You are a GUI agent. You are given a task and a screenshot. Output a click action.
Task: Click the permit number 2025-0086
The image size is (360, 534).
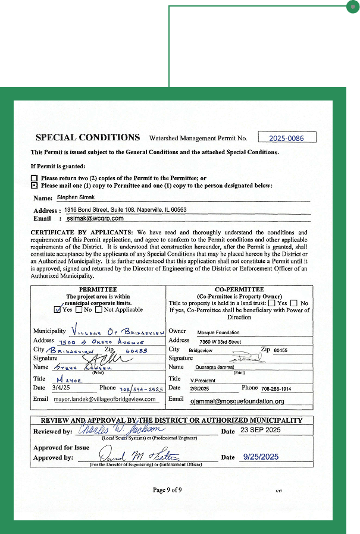pos(286,138)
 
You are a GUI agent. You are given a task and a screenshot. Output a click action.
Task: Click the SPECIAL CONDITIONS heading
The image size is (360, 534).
pos(88,137)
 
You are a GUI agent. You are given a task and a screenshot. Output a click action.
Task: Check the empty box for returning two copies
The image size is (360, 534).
pos(34,178)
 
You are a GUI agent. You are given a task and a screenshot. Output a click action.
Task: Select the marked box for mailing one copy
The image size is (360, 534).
pos(34,186)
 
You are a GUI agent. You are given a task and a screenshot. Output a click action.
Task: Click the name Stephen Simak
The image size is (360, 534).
pos(76,197)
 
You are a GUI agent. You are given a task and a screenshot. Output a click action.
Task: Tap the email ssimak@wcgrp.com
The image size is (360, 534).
pos(95,218)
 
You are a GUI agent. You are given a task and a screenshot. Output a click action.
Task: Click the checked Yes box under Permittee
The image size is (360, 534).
pos(57,309)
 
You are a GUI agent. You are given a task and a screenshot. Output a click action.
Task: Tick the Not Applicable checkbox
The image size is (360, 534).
pos(99,309)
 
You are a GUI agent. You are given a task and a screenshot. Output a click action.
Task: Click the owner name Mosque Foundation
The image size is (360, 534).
pos(218,332)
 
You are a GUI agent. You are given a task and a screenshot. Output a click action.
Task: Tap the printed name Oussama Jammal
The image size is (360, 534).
pos(215,367)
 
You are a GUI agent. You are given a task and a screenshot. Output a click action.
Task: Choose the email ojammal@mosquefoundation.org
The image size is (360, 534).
pos(237,401)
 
